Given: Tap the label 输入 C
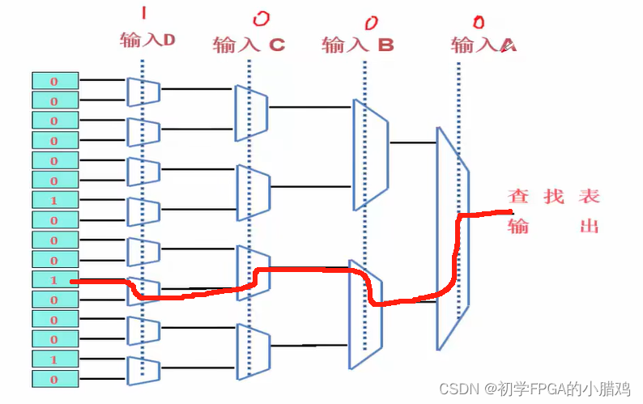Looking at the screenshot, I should (x=249, y=45).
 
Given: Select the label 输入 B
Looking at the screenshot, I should (x=357, y=45).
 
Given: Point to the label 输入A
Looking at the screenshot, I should (x=483, y=45).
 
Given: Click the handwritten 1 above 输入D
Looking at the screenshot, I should (x=144, y=13).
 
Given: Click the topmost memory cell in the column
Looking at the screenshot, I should (x=55, y=80).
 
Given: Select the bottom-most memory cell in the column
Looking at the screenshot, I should (x=55, y=379).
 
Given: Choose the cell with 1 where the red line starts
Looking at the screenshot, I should (x=55, y=280).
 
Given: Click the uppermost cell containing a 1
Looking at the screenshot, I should (x=55, y=200).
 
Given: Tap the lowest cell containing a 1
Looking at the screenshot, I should (x=55, y=359).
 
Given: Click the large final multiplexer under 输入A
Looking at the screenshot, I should (x=453, y=238).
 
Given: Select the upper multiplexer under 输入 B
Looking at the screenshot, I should (x=370, y=155).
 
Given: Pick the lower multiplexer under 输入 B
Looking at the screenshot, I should (x=364, y=313).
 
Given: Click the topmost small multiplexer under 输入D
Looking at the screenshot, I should (x=143, y=91).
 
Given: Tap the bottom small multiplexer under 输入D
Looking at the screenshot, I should (x=143, y=369).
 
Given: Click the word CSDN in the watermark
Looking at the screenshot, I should (x=450, y=389).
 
